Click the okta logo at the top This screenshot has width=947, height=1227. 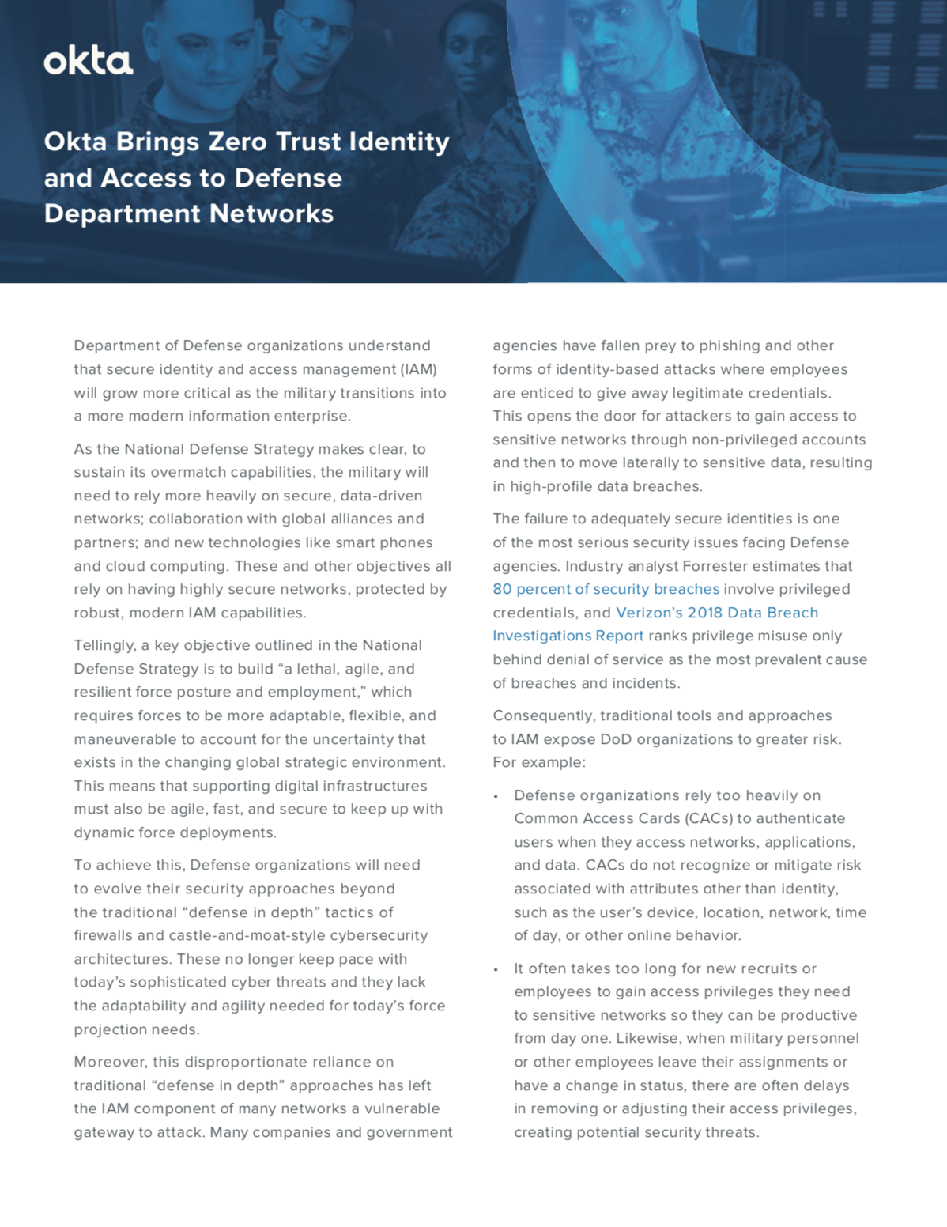(x=88, y=61)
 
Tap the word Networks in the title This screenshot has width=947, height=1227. (x=268, y=213)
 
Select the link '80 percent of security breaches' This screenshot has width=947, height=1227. (x=606, y=589)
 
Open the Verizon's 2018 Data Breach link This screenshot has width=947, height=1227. (x=717, y=613)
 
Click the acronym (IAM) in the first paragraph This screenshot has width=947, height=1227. (x=418, y=369)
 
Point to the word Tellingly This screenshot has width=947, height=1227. (x=105, y=645)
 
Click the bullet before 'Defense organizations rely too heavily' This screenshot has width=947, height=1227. (x=496, y=796)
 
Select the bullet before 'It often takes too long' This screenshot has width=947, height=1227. (x=496, y=969)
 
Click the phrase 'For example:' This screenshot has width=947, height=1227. (x=538, y=763)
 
